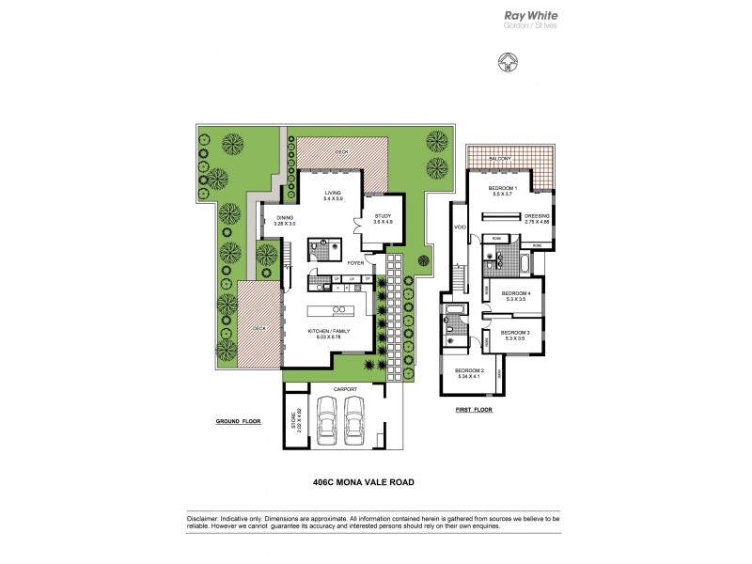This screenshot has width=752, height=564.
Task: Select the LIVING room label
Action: [x=333, y=192]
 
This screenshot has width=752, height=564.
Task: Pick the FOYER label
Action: [x=355, y=263]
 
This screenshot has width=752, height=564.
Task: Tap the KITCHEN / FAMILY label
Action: [x=331, y=332]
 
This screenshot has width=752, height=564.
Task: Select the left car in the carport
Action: [x=327, y=418]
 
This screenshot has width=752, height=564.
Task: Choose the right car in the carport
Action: [x=354, y=418]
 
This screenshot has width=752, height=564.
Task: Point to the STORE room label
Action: [x=293, y=417]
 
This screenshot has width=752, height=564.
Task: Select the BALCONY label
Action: [x=499, y=160]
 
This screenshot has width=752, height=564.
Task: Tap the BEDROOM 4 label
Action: [x=517, y=294]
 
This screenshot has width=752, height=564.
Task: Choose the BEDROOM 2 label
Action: [x=469, y=371]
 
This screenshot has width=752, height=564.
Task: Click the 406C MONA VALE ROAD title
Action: [x=363, y=484]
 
